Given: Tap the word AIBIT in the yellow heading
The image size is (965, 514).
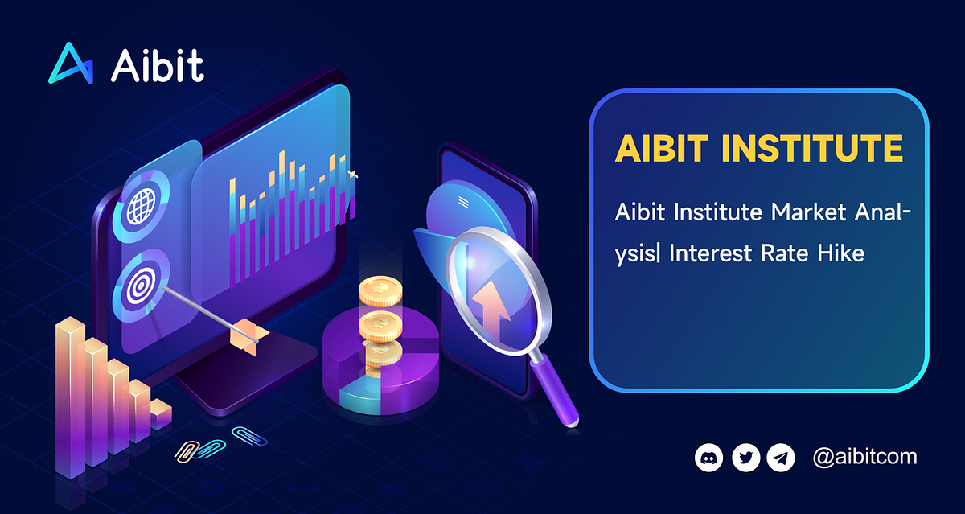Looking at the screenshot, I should [663, 149].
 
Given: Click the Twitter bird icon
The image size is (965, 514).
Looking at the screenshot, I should [745, 458].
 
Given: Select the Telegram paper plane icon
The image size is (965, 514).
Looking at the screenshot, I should [780, 458].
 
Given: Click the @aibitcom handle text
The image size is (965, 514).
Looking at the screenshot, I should [864, 458].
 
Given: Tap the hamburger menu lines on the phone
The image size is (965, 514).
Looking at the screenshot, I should [463, 201].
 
